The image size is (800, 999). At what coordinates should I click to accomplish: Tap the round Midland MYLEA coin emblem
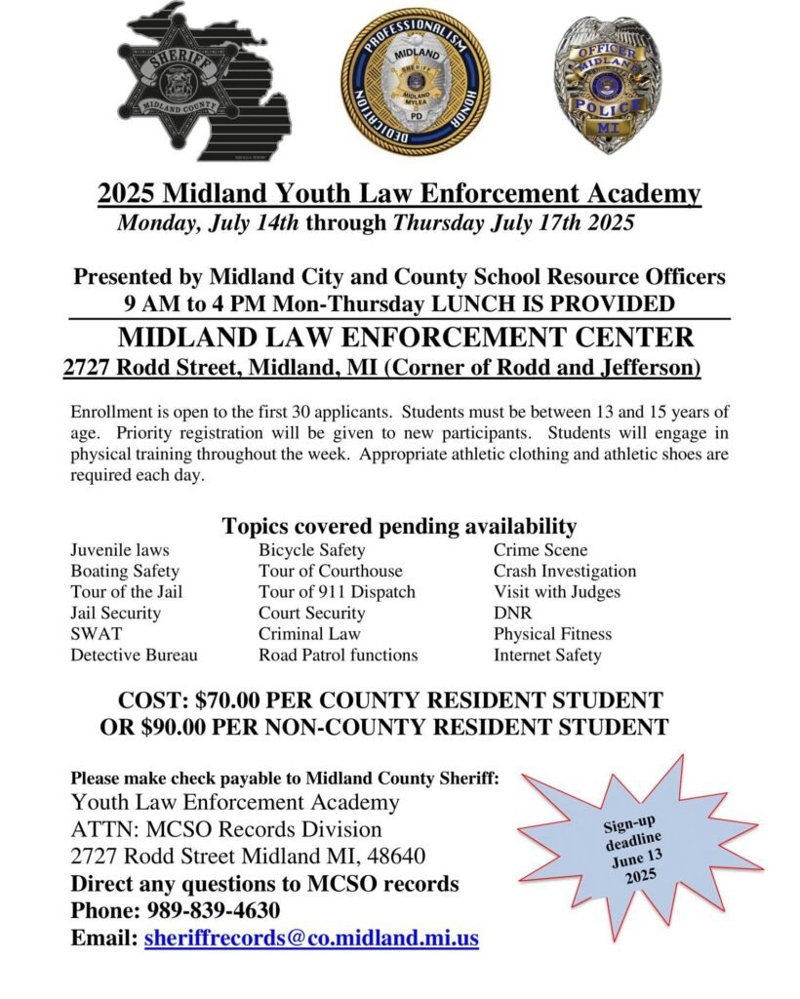tap(416, 82)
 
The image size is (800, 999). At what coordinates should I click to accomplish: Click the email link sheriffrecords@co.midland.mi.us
tap(311, 939)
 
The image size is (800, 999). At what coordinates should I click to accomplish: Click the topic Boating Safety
tap(125, 571)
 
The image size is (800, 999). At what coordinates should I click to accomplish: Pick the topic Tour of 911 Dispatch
tap(337, 592)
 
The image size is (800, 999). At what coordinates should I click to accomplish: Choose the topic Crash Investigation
tap(564, 571)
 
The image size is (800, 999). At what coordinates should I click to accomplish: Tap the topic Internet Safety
tap(547, 656)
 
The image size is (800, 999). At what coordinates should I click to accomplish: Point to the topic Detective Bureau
tap(134, 656)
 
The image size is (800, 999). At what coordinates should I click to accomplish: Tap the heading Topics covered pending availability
tap(399, 526)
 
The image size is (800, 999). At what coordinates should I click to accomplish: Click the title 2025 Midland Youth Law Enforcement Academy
tap(399, 193)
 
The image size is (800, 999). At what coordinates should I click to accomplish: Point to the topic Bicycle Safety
tap(312, 549)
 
